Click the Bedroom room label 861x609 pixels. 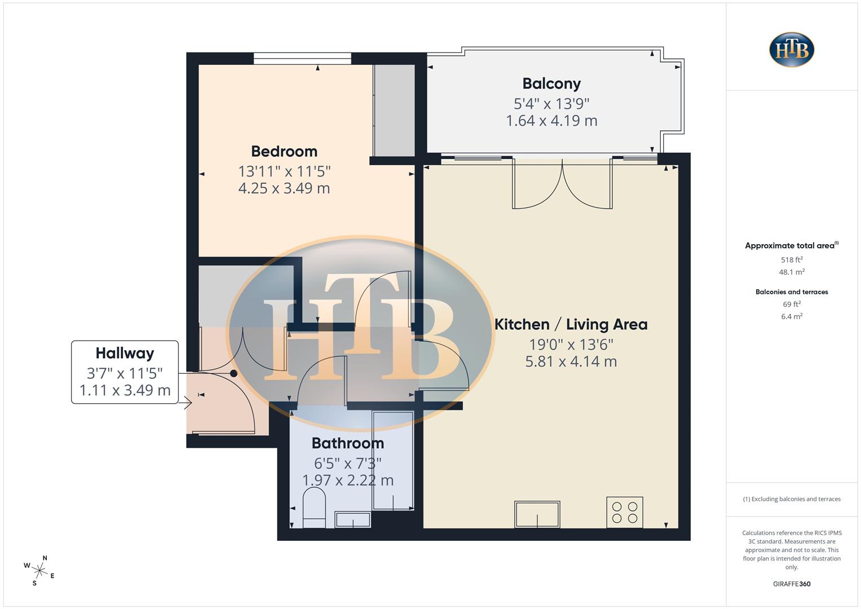284,151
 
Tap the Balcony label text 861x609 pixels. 551,83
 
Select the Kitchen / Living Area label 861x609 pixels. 571,324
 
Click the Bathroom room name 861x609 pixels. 347,443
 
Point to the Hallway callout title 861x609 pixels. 125,353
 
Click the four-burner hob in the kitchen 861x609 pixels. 625,512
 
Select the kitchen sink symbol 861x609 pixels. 537,514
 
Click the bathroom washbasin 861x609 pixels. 353,519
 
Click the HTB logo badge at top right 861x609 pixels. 792,50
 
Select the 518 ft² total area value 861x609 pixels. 792,260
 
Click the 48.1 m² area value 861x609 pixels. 792,272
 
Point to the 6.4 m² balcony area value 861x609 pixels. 792,316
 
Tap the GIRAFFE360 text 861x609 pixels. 792,584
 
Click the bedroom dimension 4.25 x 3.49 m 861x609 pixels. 284,188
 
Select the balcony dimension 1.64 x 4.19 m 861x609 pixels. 551,121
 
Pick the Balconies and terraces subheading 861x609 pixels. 792,292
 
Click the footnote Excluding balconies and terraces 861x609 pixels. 792,499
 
